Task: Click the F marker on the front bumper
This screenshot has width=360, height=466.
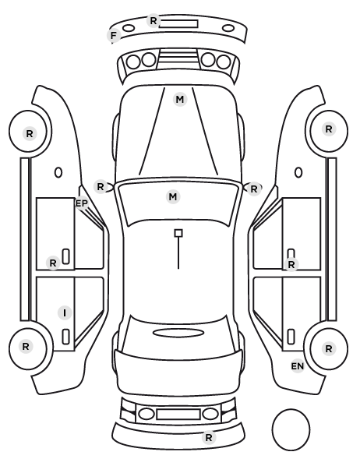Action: click(x=114, y=36)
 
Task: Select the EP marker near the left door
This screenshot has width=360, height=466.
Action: click(x=82, y=203)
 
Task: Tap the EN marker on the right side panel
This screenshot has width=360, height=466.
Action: click(x=298, y=366)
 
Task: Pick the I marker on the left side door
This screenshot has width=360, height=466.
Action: click(x=65, y=312)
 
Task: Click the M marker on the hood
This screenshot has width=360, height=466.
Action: click(x=180, y=100)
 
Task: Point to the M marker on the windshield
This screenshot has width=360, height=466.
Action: click(x=173, y=196)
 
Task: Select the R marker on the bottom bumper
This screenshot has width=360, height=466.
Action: click(x=209, y=437)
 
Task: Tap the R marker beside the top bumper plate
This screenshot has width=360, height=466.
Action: click(x=154, y=21)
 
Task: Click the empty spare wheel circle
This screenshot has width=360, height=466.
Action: click(x=291, y=429)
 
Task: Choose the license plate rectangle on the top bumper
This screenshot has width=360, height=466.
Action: click(x=178, y=24)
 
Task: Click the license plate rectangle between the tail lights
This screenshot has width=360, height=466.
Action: click(x=178, y=414)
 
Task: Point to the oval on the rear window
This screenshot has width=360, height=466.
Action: click(x=178, y=333)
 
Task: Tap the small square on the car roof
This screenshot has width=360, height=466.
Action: click(x=178, y=233)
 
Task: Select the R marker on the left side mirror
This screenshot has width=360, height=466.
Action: click(x=101, y=187)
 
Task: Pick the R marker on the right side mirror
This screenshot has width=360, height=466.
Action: click(x=253, y=189)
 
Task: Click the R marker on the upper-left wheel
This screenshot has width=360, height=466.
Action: click(x=30, y=134)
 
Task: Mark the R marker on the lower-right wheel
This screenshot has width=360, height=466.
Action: click(x=329, y=348)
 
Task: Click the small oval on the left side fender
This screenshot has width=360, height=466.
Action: click(x=58, y=172)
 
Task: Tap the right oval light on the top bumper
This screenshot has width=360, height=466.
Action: click(x=228, y=29)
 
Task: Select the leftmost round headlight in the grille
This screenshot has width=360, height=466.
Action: click(x=133, y=62)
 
